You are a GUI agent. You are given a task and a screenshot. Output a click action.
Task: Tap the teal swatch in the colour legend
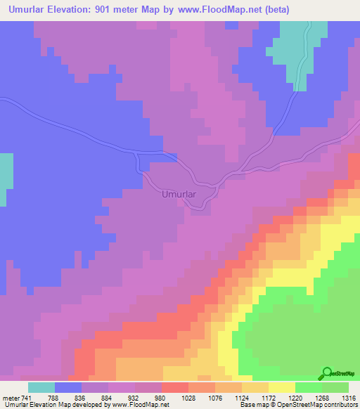click(x=41, y=388)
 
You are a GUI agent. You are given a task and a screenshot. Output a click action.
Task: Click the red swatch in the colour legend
click(x=174, y=388)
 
